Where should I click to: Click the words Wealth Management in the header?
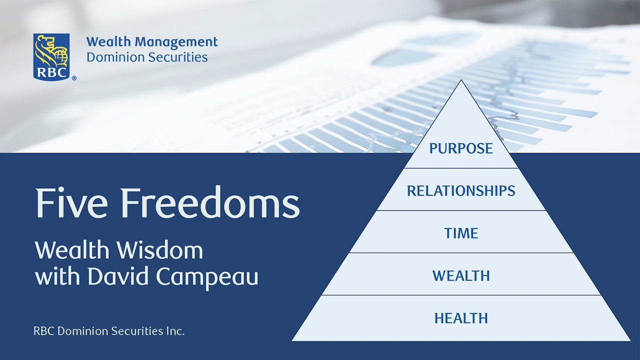pos(152,42)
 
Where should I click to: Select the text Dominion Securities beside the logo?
pos(147,57)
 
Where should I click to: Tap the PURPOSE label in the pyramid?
pos(461,148)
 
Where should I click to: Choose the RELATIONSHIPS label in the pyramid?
pos(461,190)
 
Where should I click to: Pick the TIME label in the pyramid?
pos(461,233)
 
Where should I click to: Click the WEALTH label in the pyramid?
pos(461,275)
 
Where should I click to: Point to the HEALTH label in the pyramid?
pos(461,317)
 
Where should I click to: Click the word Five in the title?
pos(70,204)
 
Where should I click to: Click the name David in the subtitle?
pos(113,276)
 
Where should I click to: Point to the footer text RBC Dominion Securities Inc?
pos(109,331)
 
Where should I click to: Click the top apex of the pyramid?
pos(461,81)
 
